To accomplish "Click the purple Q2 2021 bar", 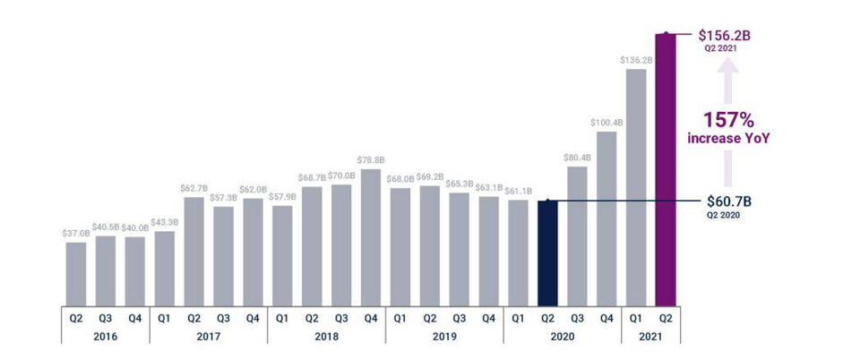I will (666, 170).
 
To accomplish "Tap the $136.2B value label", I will (636, 60).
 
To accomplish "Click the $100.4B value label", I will (606, 123).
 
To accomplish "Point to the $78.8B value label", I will (371, 160).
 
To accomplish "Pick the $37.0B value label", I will (76, 234).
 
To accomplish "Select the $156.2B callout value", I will (725, 35).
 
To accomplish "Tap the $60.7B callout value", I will (727, 201).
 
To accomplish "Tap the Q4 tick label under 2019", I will (488, 316).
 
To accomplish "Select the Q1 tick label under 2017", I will (164, 316).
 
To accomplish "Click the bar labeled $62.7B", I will (194, 251).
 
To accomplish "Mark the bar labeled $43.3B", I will (165, 268).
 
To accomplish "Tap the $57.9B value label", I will (282, 197).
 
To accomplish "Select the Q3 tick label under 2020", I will (577, 316).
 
